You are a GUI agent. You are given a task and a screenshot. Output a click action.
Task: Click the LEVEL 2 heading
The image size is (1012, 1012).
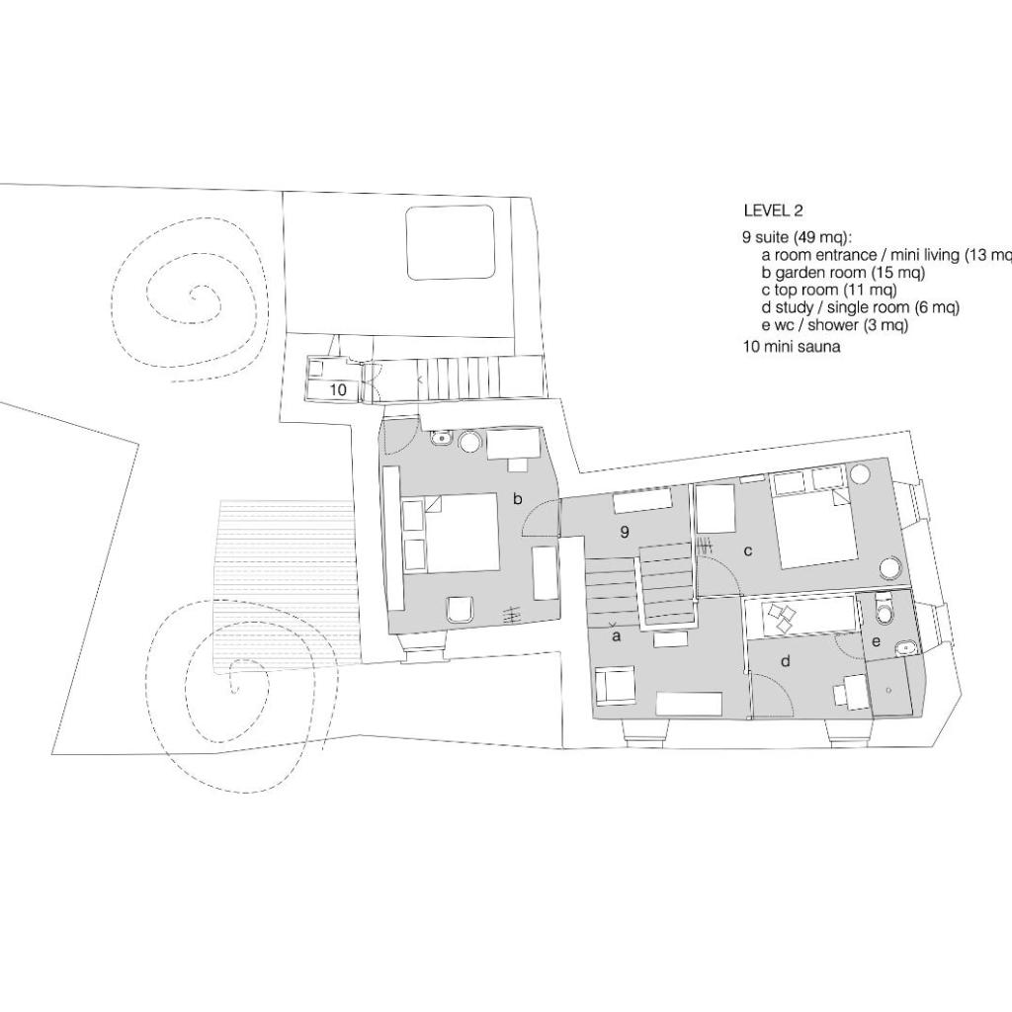coord(773,211)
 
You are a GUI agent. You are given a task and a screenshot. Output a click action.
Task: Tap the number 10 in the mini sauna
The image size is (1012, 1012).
coord(338,389)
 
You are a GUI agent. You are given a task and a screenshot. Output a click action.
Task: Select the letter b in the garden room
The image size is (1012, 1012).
coord(517,498)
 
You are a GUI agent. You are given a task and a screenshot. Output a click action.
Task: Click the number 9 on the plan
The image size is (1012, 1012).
coord(625,532)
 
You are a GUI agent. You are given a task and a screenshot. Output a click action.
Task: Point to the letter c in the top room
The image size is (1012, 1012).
coord(748,551)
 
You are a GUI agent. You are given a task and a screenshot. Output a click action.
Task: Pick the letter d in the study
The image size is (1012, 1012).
coord(786,661)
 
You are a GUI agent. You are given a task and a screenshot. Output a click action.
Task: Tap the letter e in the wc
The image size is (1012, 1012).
coord(876,642)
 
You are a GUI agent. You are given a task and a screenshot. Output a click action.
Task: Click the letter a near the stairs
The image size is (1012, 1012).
coord(616,637)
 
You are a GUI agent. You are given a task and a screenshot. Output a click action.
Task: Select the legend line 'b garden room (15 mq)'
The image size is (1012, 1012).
coord(843,273)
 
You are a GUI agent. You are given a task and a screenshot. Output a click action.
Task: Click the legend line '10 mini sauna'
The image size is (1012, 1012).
coord(792,347)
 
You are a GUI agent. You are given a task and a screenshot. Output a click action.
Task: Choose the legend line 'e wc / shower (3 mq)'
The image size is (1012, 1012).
coord(834,324)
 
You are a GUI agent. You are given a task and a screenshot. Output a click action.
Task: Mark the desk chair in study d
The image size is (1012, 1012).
coord(841,695)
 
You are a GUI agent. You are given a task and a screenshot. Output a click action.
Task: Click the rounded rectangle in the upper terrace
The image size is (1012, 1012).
coord(450,243)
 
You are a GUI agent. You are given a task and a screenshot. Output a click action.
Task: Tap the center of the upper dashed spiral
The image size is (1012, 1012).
coord(193,296)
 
